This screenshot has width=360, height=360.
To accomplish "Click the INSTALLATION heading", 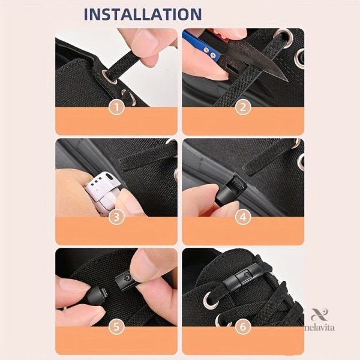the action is (143, 14).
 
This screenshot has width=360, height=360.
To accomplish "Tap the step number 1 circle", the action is (116, 107).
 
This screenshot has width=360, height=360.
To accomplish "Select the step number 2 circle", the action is (243, 107).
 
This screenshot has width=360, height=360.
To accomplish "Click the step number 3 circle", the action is (116, 217).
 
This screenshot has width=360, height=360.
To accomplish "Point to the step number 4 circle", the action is (243, 217).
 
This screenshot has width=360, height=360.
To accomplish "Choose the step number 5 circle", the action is (116, 326).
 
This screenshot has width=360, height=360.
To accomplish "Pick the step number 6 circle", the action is (243, 326).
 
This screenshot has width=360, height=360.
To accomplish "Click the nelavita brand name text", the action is (320, 327).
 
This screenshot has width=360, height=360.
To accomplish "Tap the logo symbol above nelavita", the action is (319, 314).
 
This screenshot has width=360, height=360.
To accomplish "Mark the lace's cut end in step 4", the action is (245, 169).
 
